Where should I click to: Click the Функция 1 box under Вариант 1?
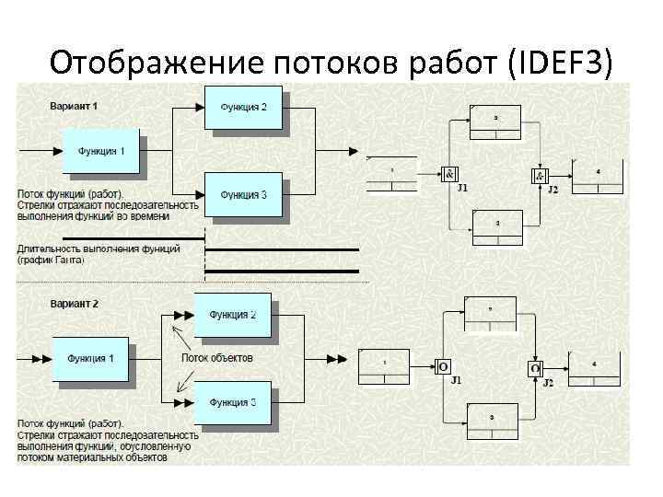click(101, 149)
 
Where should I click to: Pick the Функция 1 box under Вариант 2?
click(89, 358)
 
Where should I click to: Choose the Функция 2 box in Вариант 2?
click(232, 315)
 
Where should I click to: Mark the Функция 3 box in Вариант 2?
click(232, 402)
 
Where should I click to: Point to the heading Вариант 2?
click(74, 303)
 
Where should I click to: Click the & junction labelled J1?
click(449, 175)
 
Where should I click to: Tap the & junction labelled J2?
click(541, 176)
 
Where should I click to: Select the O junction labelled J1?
click(444, 367)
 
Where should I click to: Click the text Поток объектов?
click(216, 358)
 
